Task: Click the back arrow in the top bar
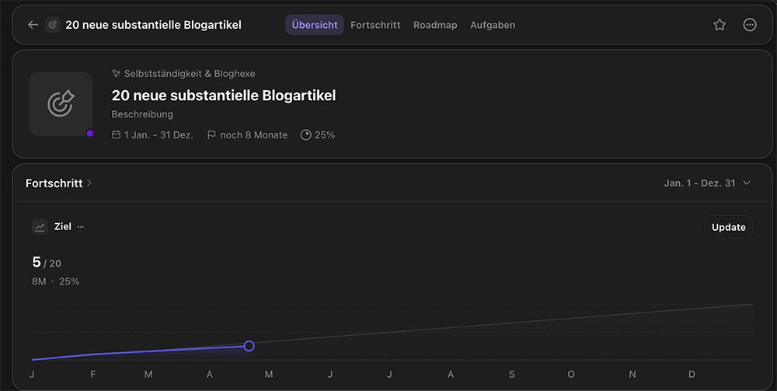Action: (x=33, y=25)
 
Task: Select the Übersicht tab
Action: (x=315, y=25)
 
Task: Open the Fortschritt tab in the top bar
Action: (x=375, y=25)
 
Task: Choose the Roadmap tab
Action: (x=435, y=25)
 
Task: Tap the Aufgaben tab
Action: (x=493, y=25)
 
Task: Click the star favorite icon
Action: (x=720, y=25)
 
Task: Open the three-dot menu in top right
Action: (x=750, y=25)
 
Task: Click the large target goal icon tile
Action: (x=61, y=104)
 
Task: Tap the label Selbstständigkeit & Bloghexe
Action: (x=190, y=74)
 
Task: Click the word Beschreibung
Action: (x=142, y=114)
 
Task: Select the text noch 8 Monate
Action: (x=253, y=135)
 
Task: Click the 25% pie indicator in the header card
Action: (x=318, y=135)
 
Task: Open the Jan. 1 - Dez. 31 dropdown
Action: (x=707, y=183)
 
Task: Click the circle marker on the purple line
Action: (x=249, y=346)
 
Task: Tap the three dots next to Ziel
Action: (x=81, y=227)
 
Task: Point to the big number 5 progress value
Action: (x=37, y=262)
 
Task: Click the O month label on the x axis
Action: (x=571, y=375)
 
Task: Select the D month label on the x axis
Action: (x=692, y=375)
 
